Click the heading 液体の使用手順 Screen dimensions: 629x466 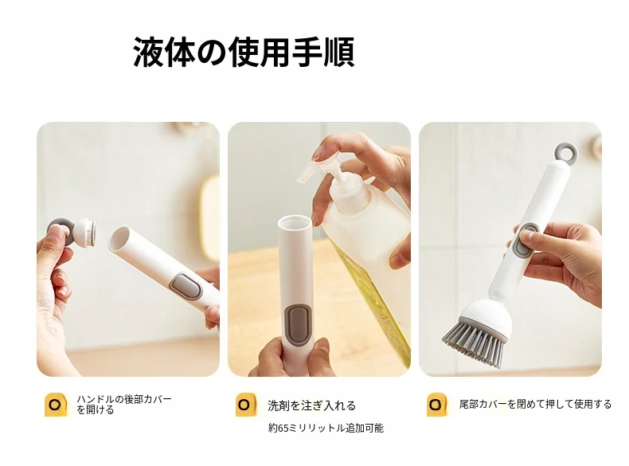click(x=244, y=53)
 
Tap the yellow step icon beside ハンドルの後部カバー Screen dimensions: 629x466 click(x=56, y=405)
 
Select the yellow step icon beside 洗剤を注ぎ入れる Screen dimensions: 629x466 click(x=246, y=405)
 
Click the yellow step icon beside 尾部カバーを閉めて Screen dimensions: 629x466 click(x=437, y=405)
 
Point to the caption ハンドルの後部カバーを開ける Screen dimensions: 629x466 click(x=124, y=404)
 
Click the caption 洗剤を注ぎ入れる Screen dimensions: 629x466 click(x=311, y=405)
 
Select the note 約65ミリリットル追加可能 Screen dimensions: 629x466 click(x=326, y=429)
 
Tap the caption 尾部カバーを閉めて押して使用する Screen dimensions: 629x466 click(x=535, y=404)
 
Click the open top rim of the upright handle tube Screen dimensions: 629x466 click(x=294, y=219)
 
